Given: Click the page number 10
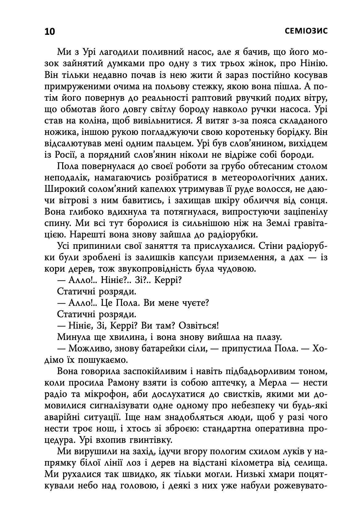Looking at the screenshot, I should tap(50, 31).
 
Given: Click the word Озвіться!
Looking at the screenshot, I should tap(194, 326).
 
